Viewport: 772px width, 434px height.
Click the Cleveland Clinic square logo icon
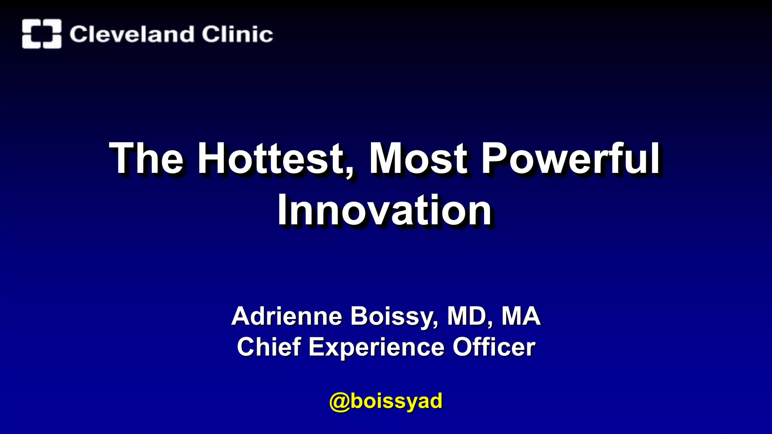point(41,34)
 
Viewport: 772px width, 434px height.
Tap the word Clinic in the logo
point(237,34)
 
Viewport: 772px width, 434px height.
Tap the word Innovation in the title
point(384,210)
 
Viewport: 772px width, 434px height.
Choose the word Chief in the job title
point(269,347)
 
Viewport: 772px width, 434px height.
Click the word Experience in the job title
point(377,347)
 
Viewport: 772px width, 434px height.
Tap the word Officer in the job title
point(494,347)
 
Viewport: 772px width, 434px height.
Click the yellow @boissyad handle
point(386,401)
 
